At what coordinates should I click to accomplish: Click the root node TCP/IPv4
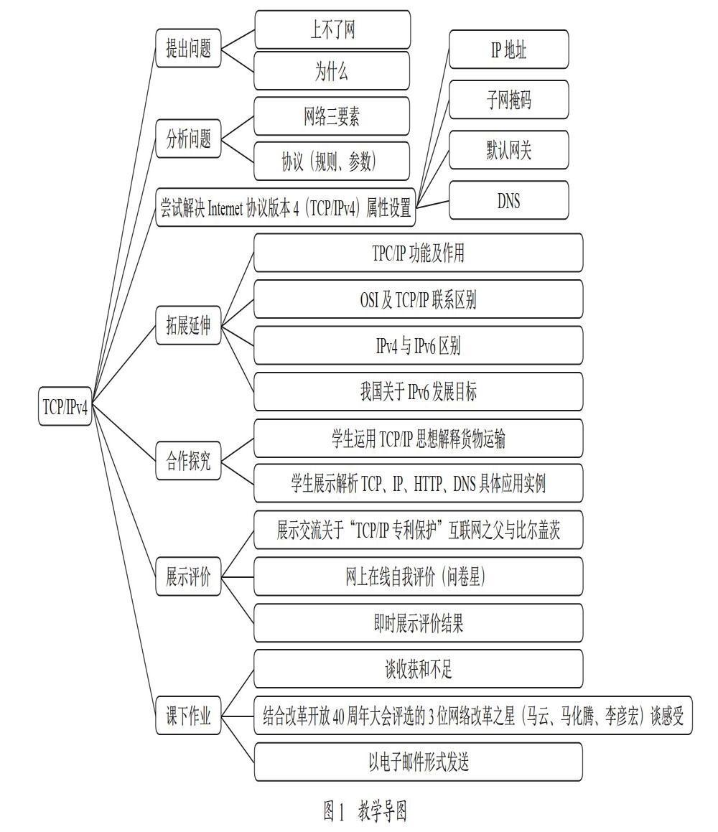(65, 406)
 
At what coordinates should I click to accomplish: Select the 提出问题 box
(188, 48)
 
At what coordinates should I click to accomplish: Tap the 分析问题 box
(188, 139)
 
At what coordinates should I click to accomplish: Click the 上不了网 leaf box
(332, 29)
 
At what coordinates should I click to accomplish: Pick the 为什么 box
(332, 71)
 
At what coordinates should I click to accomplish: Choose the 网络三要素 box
(332, 116)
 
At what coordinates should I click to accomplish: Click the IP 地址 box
(509, 50)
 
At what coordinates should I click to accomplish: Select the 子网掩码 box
(509, 100)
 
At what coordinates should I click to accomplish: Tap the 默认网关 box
(509, 150)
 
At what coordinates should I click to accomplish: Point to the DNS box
(509, 200)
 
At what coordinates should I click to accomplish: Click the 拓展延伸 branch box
(188, 325)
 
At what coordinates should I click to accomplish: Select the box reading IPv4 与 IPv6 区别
(419, 345)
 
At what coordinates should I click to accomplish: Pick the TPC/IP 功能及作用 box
(419, 253)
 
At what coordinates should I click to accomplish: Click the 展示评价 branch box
(188, 576)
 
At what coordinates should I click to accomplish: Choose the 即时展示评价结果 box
(419, 623)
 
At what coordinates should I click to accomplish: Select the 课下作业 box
(188, 715)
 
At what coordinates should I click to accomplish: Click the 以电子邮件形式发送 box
(419, 762)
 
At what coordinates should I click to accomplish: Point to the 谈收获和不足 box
(419, 669)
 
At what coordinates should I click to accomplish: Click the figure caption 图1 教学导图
(365, 811)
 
